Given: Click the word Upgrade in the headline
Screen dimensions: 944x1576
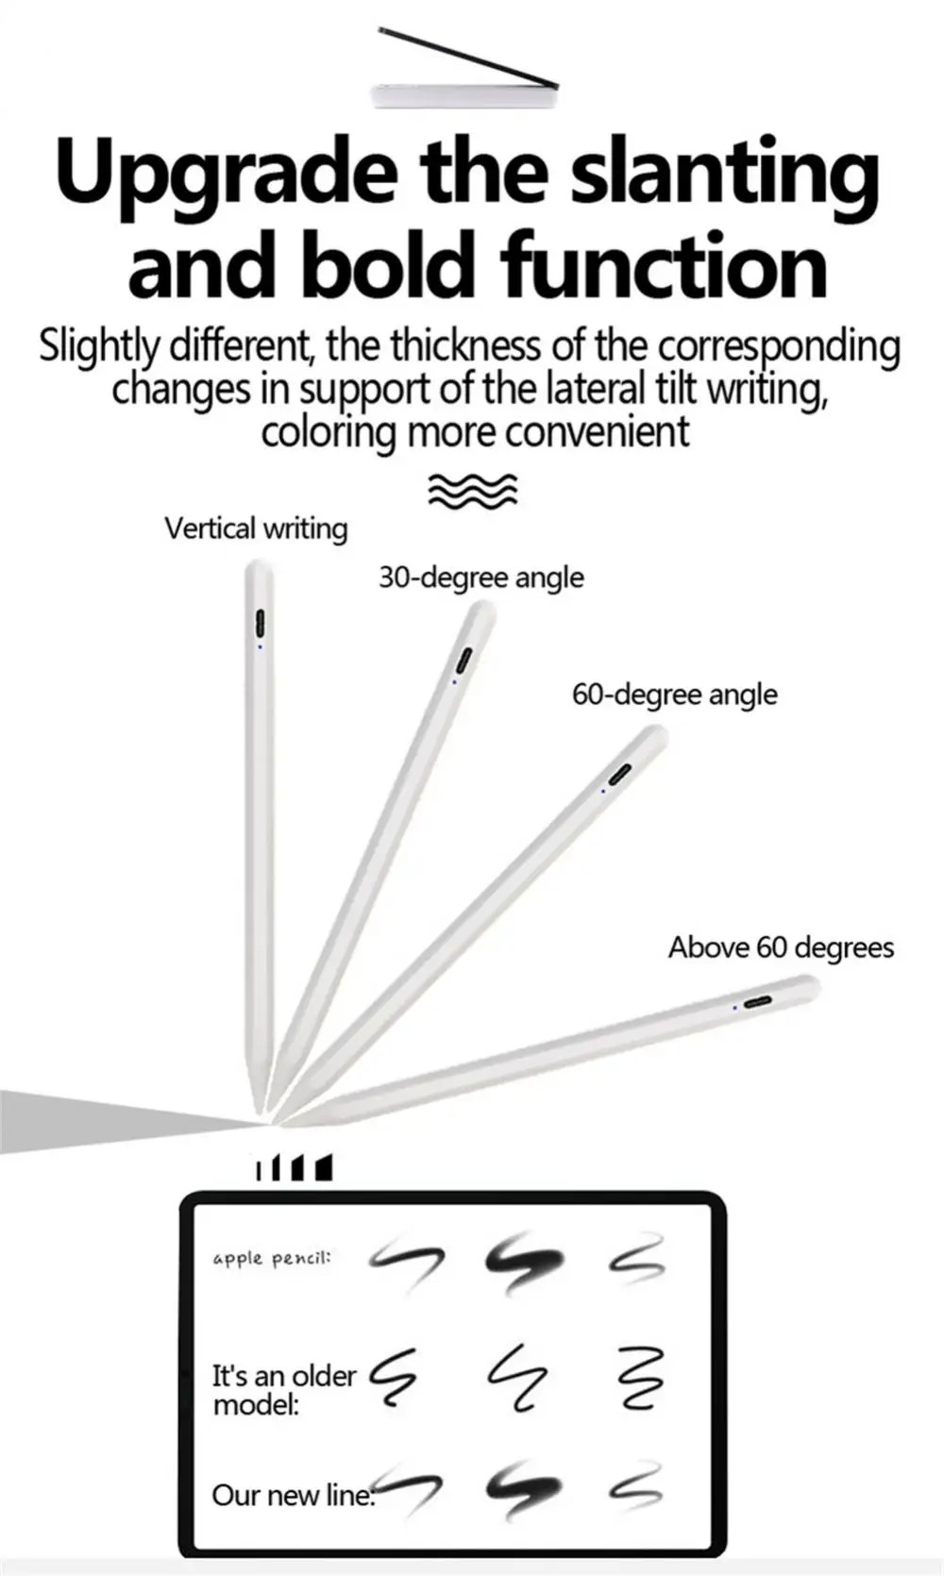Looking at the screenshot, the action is click(x=227, y=175).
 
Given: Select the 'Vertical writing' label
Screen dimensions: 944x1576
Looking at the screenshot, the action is click(x=256, y=528).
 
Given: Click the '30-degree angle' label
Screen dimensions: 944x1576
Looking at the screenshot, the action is click(x=481, y=578).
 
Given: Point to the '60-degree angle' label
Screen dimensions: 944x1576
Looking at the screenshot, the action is click(x=675, y=695).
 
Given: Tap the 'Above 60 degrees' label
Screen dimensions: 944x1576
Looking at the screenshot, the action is click(x=781, y=947).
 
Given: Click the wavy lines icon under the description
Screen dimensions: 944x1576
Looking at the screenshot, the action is click(x=473, y=491).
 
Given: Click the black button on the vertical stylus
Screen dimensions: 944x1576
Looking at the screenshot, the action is click(x=260, y=624).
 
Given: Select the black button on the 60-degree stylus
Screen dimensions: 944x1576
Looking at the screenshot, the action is click(x=619, y=774).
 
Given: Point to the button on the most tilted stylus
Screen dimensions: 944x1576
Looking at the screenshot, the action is click(x=758, y=1001).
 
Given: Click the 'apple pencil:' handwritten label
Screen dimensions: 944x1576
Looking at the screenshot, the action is click(x=272, y=1258).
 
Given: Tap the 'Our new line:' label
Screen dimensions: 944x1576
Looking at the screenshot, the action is click(x=293, y=1495).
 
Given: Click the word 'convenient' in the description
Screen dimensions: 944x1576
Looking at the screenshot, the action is click(x=596, y=432).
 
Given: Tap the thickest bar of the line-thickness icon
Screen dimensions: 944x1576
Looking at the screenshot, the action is click(x=324, y=1167).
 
